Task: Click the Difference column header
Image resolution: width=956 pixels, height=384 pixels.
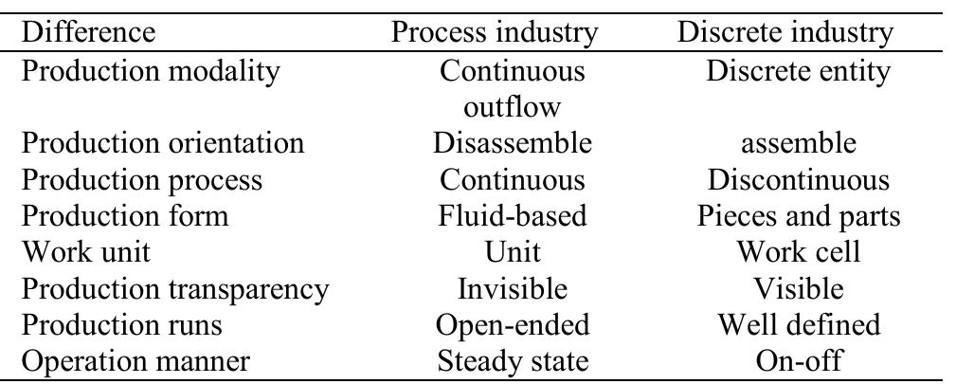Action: (88, 31)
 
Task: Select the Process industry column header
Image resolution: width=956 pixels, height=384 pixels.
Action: (494, 31)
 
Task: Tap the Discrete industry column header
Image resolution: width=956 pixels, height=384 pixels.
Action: (785, 31)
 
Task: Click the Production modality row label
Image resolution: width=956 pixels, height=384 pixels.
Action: (151, 71)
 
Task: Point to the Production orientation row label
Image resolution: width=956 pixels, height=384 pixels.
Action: (163, 143)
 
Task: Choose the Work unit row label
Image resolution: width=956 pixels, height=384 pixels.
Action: (86, 251)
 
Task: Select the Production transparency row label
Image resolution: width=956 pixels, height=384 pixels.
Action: (175, 288)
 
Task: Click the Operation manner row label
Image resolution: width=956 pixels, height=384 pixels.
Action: (135, 360)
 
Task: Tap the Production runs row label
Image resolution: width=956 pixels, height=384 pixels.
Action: (122, 324)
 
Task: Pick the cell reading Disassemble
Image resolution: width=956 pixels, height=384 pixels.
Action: (513, 143)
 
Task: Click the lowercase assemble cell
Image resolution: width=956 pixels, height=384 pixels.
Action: (799, 143)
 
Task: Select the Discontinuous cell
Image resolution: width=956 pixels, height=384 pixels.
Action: (799, 179)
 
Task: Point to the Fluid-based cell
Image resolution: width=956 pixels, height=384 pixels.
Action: (513, 215)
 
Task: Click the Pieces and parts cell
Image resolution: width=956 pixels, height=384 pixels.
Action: (799, 215)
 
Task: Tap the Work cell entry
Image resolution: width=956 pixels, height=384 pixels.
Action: (799, 251)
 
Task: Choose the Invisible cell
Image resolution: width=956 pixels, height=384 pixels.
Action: (513, 287)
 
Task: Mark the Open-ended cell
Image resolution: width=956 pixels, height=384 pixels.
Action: (513, 324)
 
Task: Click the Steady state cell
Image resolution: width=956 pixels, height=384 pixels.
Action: (513, 360)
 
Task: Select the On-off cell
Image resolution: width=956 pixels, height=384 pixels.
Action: (799, 360)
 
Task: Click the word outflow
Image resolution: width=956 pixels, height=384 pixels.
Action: (513, 107)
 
